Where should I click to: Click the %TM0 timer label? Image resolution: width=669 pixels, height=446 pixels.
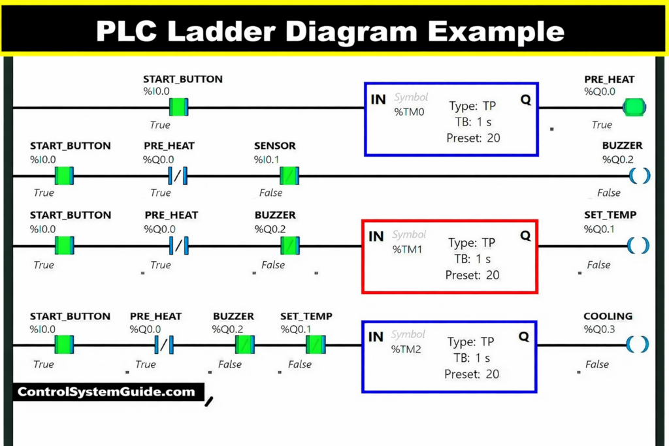(409, 112)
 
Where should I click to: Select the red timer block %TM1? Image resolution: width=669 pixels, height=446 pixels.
(449, 256)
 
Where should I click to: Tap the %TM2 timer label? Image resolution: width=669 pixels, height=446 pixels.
(406, 349)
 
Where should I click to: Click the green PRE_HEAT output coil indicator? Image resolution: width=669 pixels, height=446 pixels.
(633, 106)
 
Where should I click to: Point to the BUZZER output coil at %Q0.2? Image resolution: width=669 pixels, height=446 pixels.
(639, 175)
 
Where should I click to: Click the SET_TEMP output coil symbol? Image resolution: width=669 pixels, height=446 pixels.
(638, 246)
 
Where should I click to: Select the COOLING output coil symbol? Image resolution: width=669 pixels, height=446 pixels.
(638, 344)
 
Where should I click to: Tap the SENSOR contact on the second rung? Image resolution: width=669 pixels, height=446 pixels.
(289, 176)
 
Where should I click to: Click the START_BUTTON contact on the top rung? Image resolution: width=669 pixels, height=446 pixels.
(178, 106)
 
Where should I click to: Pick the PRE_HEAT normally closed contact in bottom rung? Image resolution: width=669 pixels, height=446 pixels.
(164, 344)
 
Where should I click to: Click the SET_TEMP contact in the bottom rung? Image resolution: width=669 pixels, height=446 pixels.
(316, 344)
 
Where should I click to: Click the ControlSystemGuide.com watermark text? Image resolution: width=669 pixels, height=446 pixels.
(106, 392)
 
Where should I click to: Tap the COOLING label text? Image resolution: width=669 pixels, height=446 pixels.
(608, 316)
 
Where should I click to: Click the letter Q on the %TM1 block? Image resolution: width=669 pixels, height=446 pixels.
(525, 236)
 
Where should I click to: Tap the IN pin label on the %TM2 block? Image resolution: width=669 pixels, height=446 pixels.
(376, 337)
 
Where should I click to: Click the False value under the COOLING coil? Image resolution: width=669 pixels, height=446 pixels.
(597, 364)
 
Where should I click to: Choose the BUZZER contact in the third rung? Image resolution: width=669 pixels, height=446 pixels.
(290, 246)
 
